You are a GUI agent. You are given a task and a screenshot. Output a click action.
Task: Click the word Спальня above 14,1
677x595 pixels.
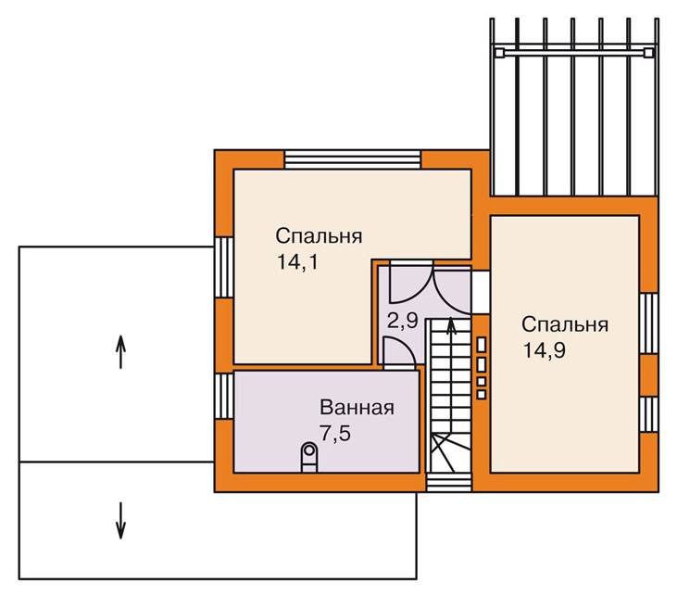(x=319, y=235)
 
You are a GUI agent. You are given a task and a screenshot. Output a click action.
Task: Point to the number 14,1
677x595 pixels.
(x=296, y=261)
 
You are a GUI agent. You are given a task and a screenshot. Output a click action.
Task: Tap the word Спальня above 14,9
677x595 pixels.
(x=564, y=324)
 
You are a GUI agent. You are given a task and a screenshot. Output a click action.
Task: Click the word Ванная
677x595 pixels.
(x=357, y=408)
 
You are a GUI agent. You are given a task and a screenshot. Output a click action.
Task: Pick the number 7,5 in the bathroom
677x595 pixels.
(x=335, y=434)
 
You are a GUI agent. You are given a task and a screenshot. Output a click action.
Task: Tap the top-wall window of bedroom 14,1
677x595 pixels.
(x=353, y=158)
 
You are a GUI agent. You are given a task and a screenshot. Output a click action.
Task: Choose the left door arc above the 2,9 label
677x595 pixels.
(x=405, y=286)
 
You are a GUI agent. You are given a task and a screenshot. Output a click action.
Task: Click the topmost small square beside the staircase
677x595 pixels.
(x=481, y=342)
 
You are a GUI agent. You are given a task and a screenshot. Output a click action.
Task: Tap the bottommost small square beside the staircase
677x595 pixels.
(x=481, y=394)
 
